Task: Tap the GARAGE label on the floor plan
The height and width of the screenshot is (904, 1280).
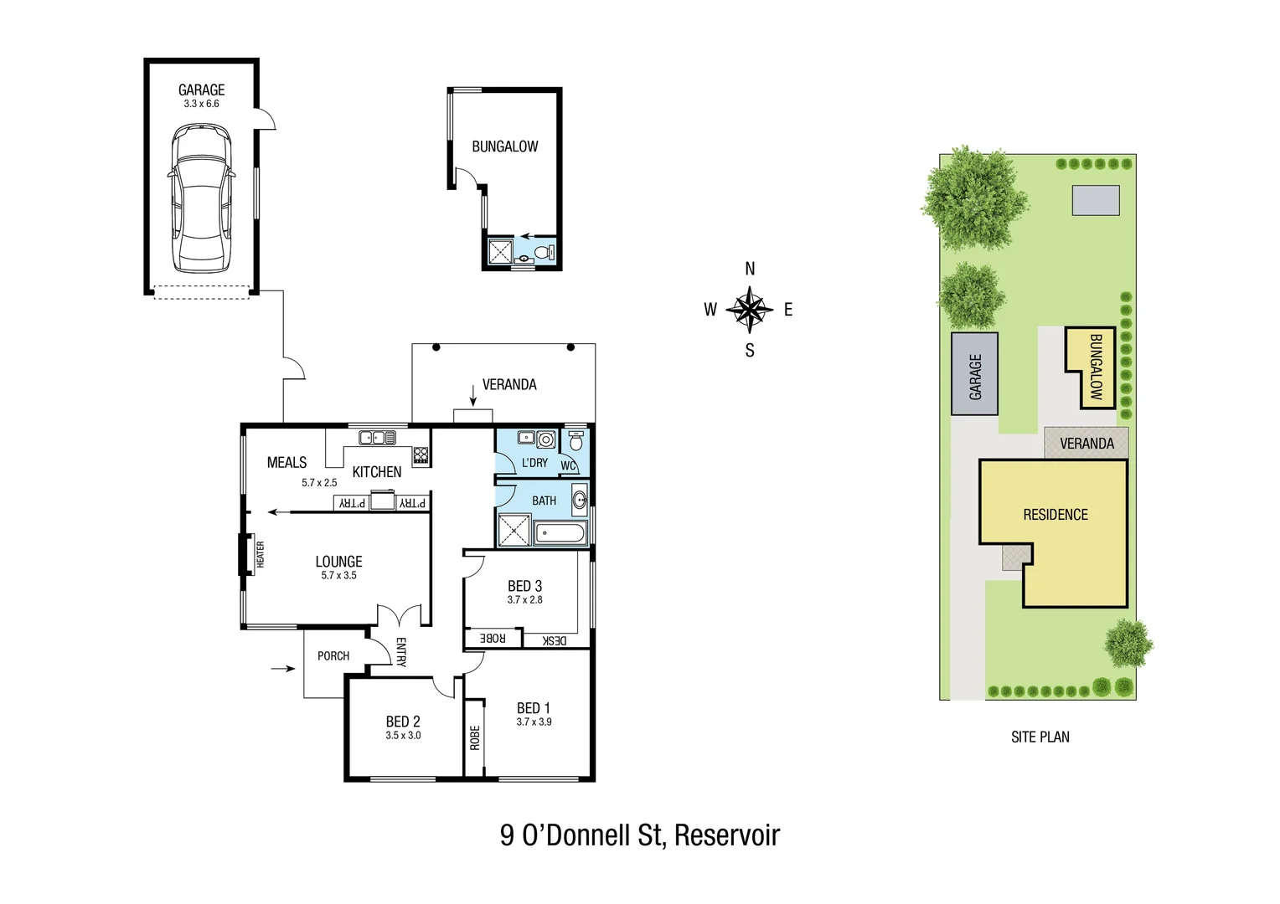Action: (201, 90)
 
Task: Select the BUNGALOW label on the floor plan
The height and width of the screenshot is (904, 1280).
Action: (504, 146)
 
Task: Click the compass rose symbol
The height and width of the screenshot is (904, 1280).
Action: (749, 310)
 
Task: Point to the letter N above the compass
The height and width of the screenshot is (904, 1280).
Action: (750, 269)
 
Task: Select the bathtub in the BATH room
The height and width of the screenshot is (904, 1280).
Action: (560, 533)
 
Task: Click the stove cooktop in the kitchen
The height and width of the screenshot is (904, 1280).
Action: (421, 455)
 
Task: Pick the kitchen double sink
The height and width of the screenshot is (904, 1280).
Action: (377, 437)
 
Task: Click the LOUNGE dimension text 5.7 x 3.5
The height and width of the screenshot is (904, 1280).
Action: (338, 576)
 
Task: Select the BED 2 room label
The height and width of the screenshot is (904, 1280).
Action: (403, 722)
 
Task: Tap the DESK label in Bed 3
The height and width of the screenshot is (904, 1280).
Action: (555, 640)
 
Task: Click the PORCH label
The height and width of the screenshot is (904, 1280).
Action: (333, 656)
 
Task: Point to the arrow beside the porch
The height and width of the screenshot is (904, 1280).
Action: (284, 668)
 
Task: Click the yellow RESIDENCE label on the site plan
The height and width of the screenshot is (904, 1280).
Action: (1055, 515)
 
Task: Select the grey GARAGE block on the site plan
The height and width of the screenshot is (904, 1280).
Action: (974, 374)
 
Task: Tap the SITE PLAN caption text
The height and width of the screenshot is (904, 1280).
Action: (1040, 737)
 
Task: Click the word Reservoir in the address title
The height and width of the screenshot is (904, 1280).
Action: (726, 835)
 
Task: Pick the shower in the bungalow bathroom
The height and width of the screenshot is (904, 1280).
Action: (499, 252)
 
